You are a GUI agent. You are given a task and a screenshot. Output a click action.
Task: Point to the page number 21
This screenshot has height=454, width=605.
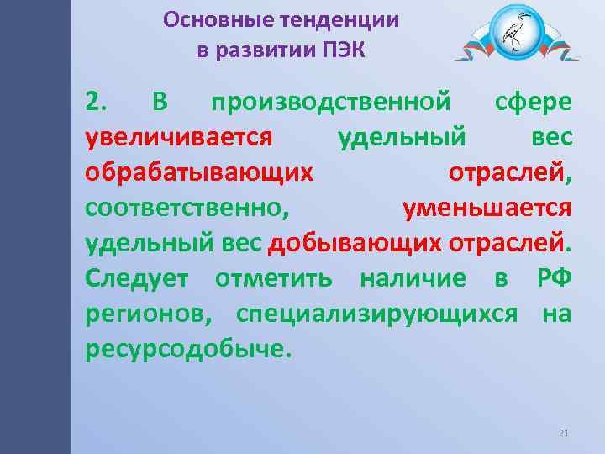pos(563,433)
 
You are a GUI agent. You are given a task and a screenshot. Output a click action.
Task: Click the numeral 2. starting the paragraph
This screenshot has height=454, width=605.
pos(96,103)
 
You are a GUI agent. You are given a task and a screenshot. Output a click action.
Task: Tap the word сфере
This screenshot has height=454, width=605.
pos(534,103)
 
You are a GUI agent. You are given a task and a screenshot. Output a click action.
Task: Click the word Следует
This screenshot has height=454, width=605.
pos(139,278)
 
